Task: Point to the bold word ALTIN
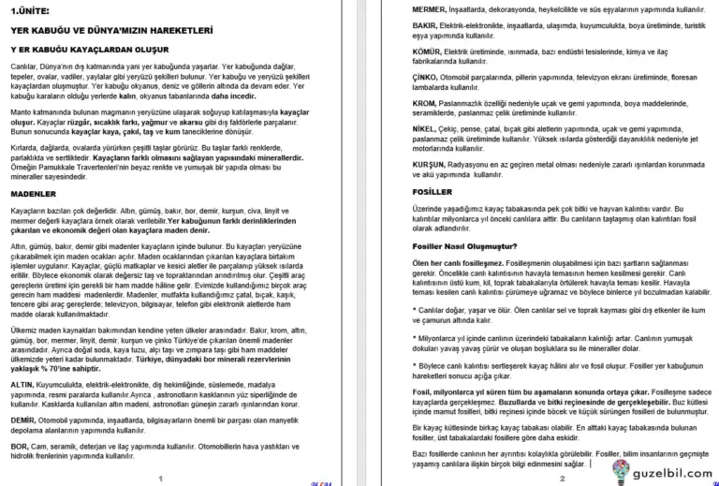click(21, 384)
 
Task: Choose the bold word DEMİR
click(22, 420)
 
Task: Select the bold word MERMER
click(403, 8)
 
